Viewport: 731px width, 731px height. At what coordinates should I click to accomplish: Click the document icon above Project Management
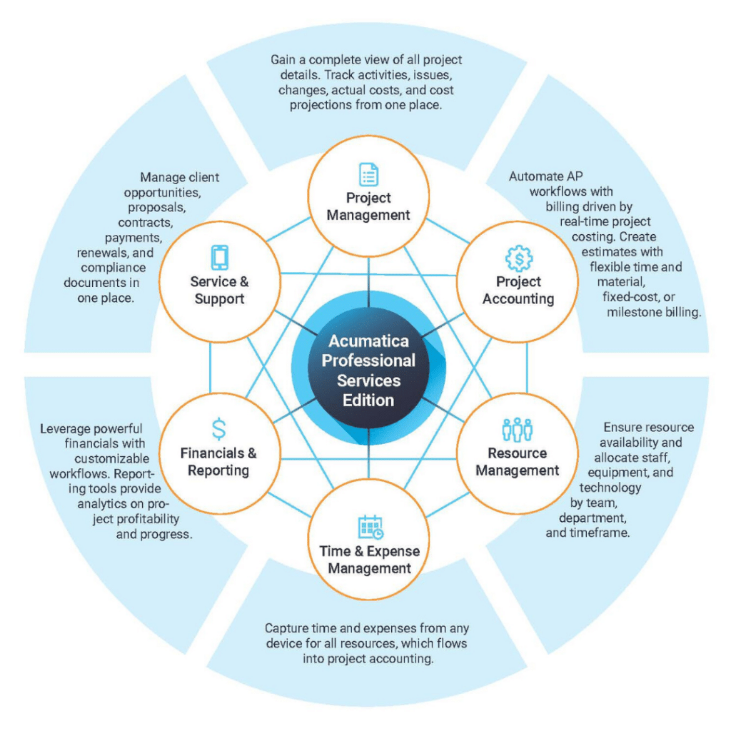[x=368, y=174]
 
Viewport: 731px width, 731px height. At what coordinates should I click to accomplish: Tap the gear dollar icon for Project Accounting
[x=519, y=258]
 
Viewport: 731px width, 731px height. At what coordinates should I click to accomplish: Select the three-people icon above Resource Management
[x=518, y=429]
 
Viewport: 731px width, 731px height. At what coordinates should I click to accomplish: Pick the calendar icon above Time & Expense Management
[x=370, y=527]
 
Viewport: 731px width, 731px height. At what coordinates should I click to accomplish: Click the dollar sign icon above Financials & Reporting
[x=218, y=429]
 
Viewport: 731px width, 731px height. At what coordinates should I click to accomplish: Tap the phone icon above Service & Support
[x=220, y=257]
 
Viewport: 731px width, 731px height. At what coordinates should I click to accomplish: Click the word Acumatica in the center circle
[x=369, y=341]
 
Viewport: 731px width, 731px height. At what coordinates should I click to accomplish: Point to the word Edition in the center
[x=368, y=400]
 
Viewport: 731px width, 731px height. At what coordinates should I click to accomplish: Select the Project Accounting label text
[x=518, y=290]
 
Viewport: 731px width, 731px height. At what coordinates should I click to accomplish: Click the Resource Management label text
[x=518, y=462]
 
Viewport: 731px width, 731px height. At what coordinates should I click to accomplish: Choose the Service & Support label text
[x=220, y=290]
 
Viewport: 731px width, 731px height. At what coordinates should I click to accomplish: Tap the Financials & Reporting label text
[x=218, y=462]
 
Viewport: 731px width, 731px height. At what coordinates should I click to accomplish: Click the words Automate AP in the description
[x=546, y=176]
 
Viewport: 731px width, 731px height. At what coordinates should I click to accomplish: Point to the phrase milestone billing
[x=654, y=312]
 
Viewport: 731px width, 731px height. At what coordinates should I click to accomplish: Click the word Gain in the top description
[x=283, y=60]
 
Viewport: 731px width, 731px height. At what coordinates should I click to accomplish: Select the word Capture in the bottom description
[x=286, y=628]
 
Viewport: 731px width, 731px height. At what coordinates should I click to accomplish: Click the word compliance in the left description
[x=114, y=268]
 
